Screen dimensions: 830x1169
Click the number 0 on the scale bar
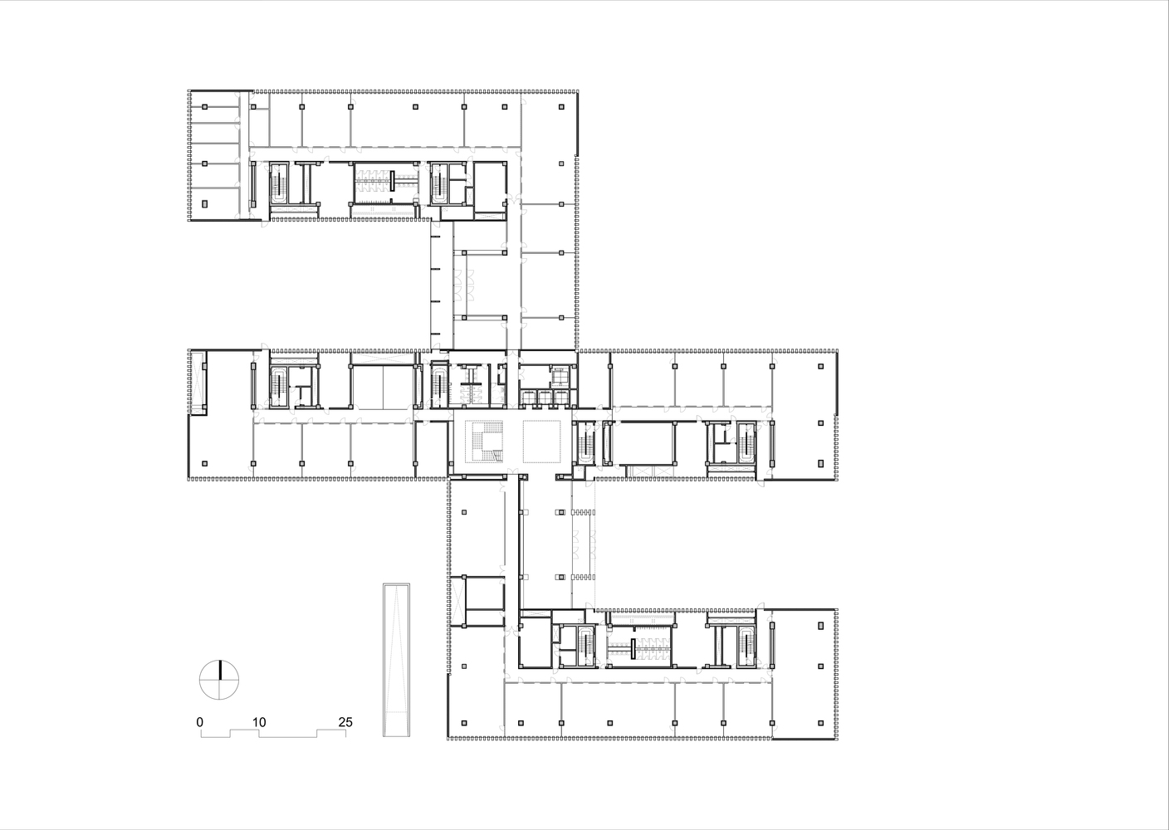tap(200, 722)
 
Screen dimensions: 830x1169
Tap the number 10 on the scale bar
tap(260, 722)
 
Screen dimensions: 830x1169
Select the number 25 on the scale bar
tap(345, 722)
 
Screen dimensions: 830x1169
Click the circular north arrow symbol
tap(220, 680)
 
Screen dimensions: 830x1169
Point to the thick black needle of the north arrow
tap(220, 670)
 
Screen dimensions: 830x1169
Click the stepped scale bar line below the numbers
tap(274, 734)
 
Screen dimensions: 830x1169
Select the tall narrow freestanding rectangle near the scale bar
tap(396, 660)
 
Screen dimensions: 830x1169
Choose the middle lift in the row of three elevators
tap(543, 397)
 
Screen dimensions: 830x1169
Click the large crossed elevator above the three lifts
tap(560, 376)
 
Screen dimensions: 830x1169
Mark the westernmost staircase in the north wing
tap(279, 183)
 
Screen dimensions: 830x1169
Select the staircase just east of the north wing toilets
tap(439, 183)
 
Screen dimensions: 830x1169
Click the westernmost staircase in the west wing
tap(279, 386)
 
